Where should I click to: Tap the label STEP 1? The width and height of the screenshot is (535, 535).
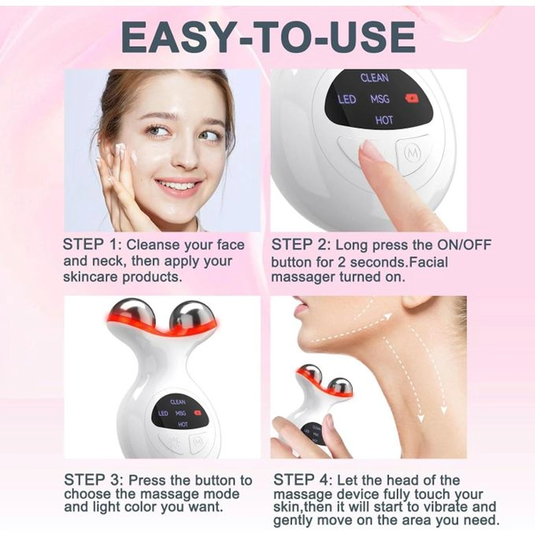click(92, 245)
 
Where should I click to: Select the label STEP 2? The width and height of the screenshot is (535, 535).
click(301, 245)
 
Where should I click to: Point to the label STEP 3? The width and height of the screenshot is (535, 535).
click(93, 480)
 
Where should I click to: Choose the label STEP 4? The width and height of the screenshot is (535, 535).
click(303, 480)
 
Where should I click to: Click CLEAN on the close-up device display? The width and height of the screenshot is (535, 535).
click(374, 78)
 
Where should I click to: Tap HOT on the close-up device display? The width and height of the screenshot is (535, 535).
click(384, 120)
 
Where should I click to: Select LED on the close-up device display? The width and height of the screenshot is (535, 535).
click(347, 99)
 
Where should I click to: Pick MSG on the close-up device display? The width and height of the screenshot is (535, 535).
click(380, 99)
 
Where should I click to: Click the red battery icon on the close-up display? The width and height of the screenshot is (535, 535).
click(412, 98)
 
